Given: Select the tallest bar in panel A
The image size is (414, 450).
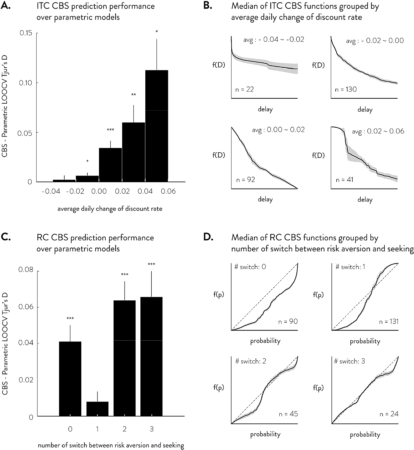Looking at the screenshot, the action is [x=157, y=125].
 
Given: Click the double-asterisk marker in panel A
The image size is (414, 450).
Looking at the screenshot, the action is [x=133, y=95].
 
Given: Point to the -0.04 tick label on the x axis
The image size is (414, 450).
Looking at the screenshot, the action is [x=51, y=191].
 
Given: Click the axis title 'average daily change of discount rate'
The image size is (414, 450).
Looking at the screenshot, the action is [x=110, y=209].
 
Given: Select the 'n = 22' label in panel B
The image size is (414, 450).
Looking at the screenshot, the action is [x=245, y=90].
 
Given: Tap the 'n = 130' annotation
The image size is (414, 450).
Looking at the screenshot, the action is [x=346, y=90].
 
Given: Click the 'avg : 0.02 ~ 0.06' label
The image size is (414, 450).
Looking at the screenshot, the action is [x=378, y=131].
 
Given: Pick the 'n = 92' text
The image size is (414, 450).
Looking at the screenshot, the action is [x=246, y=180].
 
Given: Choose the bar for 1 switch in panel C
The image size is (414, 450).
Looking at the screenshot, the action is [x=97, y=409].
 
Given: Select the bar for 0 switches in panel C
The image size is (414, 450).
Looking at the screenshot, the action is [x=70, y=379].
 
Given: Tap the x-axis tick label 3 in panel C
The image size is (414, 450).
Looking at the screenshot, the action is [x=152, y=429].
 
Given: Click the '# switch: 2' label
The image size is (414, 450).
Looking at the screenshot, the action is [x=251, y=361].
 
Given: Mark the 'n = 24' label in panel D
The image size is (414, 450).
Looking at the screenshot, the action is [x=389, y=414].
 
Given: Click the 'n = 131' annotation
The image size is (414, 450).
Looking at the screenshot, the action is [x=389, y=321].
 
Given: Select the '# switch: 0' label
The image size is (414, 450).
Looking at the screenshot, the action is [x=250, y=267].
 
